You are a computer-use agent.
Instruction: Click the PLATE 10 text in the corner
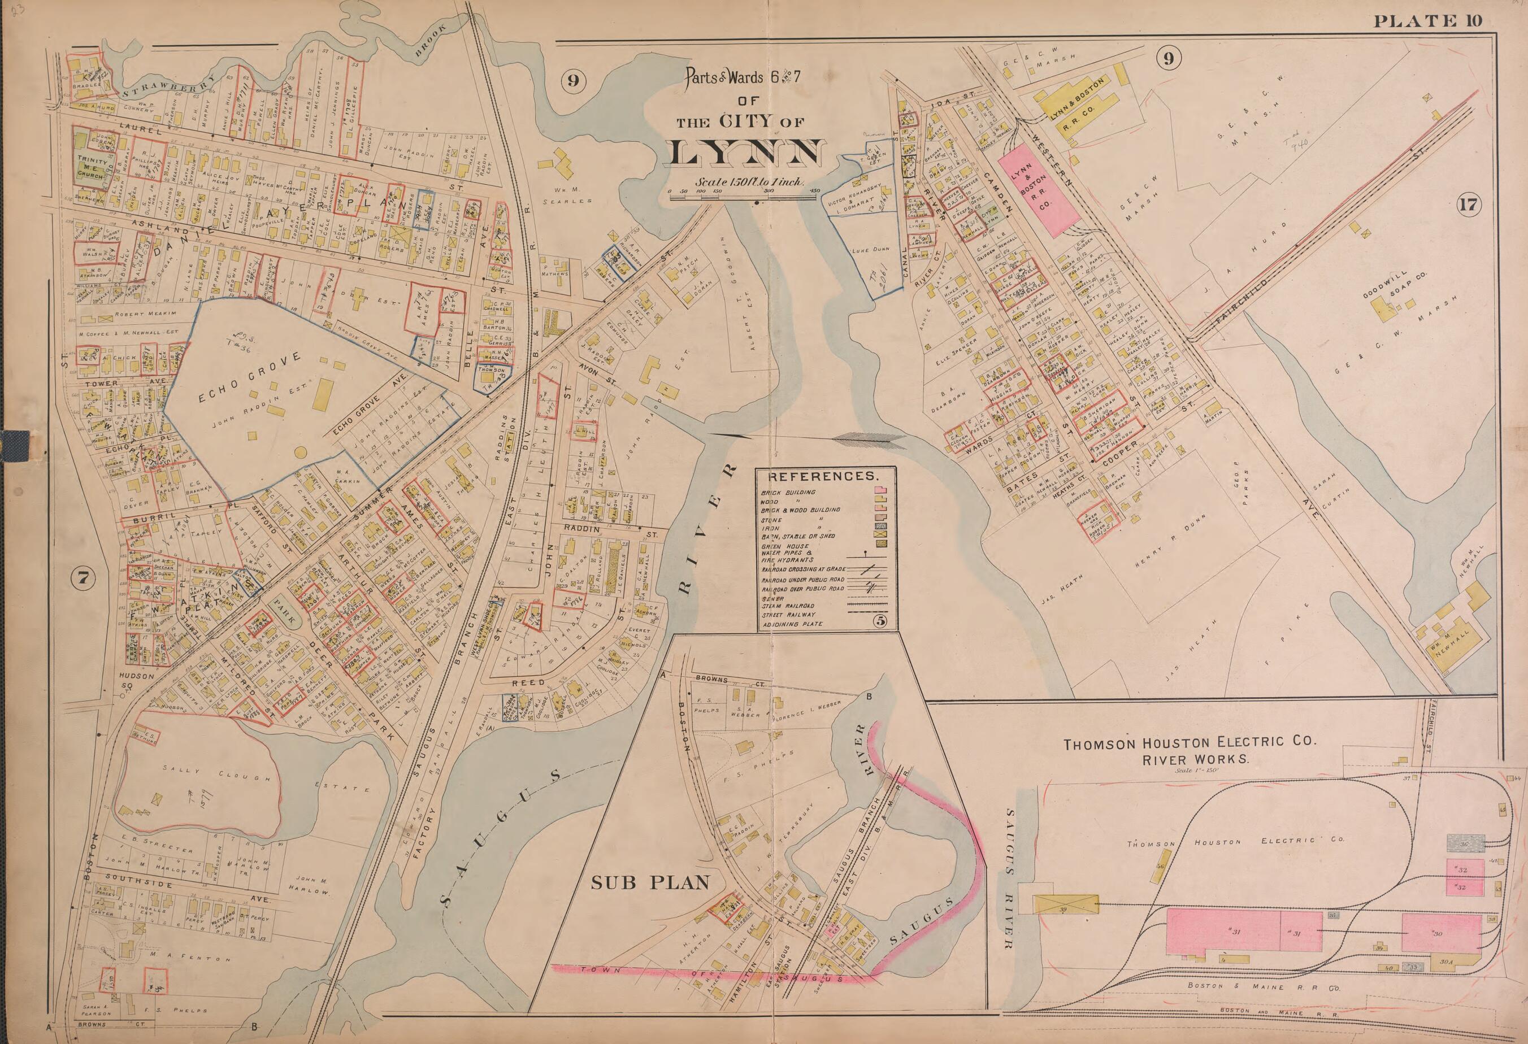pyautogui.click(x=1427, y=21)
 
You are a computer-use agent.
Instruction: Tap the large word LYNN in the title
pyautogui.click(x=745, y=154)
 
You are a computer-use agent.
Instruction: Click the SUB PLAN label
pyautogui.click(x=650, y=882)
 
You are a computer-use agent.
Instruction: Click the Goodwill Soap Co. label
pyautogui.click(x=1387, y=295)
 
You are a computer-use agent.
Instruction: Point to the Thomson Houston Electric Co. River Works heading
pyautogui.click(x=1191, y=750)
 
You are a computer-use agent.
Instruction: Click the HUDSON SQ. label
pyautogui.click(x=137, y=680)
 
